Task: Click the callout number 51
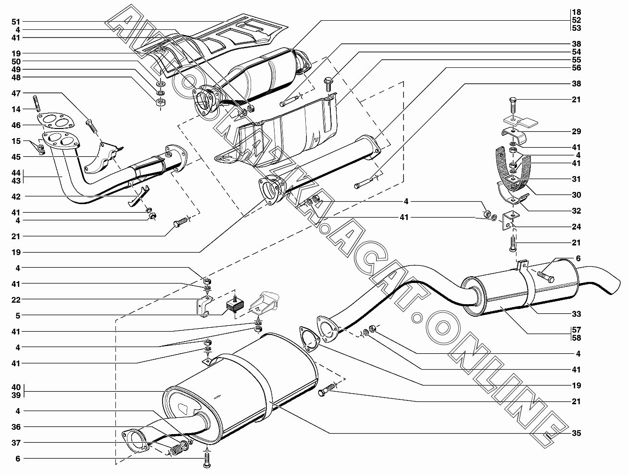pyautogui.click(x=16, y=22)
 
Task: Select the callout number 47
pyautogui.click(x=16, y=93)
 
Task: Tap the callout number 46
pyautogui.click(x=16, y=125)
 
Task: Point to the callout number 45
pyautogui.click(x=16, y=157)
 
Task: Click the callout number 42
pyautogui.click(x=16, y=197)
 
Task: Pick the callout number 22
pyautogui.click(x=16, y=300)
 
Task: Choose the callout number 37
pyautogui.click(x=16, y=443)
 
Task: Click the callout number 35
pyautogui.click(x=576, y=433)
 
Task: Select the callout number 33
pyautogui.click(x=576, y=314)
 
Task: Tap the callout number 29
pyautogui.click(x=576, y=131)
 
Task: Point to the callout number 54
pyautogui.click(x=576, y=52)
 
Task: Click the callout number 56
pyautogui.click(x=576, y=68)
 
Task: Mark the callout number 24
pyautogui.click(x=576, y=227)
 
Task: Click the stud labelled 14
pyautogui.click(x=37, y=103)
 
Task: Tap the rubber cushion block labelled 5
pyautogui.click(x=235, y=304)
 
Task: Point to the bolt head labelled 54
pyautogui.click(x=328, y=80)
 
